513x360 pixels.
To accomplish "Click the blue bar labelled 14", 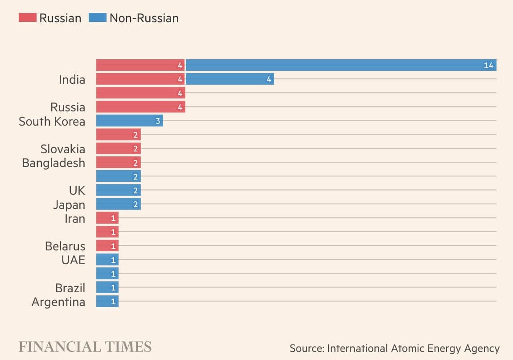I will tap(341, 65).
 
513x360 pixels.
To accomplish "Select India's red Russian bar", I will tap(140, 79).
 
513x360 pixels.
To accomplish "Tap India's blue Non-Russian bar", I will tap(230, 79).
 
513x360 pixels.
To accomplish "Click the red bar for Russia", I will tap(140, 107).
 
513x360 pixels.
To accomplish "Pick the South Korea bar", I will tap(129, 121).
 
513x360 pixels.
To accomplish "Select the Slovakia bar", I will tap(118, 148).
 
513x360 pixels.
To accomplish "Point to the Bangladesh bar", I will tap(118, 163).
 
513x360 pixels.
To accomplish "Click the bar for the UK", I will tap(118, 190).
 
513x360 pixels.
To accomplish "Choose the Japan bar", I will tap(118, 205).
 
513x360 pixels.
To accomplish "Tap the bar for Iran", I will tap(107, 218).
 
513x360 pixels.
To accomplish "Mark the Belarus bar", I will tap(107, 246).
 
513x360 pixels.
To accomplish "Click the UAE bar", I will tap(107, 260).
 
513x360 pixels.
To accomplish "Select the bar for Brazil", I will tap(107, 287).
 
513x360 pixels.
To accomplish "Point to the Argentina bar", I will tap(107, 302).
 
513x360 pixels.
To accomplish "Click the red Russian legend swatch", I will tap(27, 18).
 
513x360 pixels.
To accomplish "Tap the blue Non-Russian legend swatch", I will tap(98, 18).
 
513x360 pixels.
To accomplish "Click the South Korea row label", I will tap(52, 121).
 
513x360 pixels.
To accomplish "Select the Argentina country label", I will tap(58, 302).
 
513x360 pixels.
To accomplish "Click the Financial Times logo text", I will tap(85, 347).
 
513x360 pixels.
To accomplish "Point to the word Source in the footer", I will tap(306, 348).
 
